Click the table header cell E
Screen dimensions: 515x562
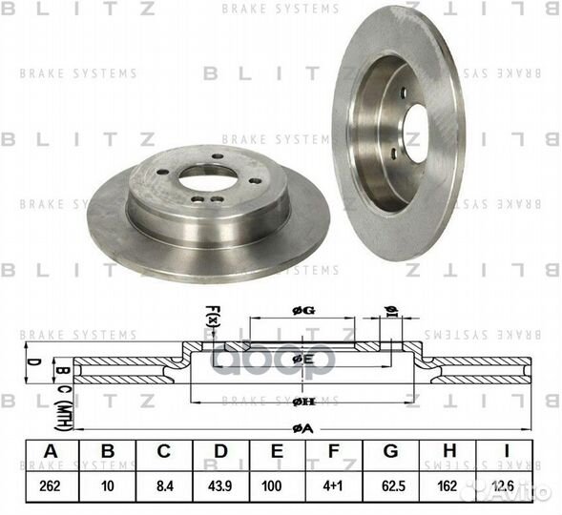click(278, 451)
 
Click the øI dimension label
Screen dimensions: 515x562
click(389, 309)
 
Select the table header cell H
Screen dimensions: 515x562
click(449, 451)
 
